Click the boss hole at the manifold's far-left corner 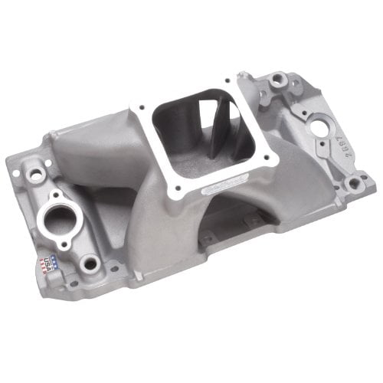(x=34, y=174)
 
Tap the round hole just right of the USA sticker (x=91, y=264)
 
